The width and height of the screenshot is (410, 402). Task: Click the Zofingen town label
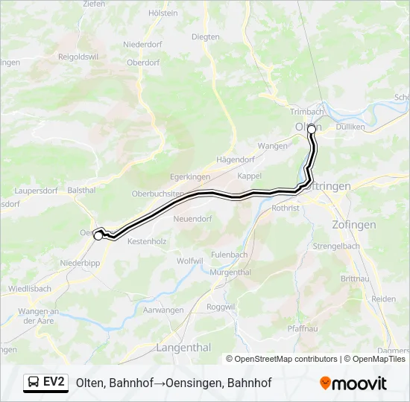(354, 224)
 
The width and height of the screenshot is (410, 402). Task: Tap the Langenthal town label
(183, 348)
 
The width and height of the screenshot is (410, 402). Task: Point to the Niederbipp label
(81, 263)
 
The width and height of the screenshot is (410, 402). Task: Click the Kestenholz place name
(147, 242)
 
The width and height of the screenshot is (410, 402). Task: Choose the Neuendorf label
(192, 219)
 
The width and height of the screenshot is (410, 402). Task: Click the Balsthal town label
(82, 191)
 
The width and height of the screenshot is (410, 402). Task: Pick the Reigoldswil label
(78, 56)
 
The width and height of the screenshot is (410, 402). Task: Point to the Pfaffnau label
(303, 328)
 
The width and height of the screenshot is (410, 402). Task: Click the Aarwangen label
(163, 310)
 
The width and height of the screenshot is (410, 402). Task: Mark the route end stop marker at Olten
(312, 129)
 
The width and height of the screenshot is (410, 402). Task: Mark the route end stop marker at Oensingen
(98, 235)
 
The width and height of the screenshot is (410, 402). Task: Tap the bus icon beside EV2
(34, 383)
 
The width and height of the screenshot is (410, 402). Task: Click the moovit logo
(353, 383)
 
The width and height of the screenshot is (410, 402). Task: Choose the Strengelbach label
(336, 245)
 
